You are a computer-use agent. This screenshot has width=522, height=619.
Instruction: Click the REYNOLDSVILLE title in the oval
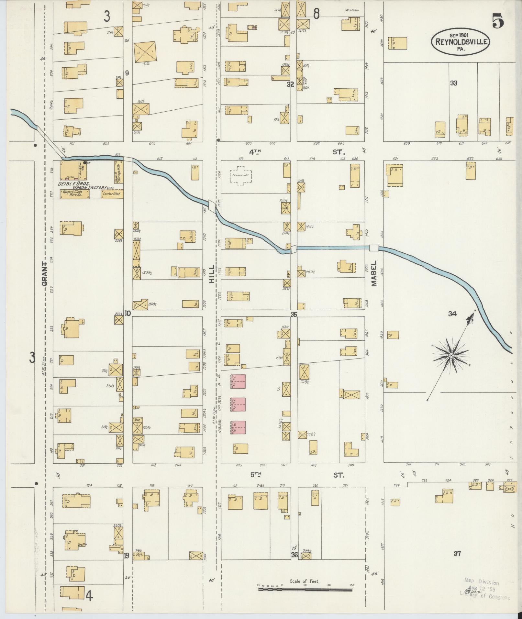tap(460, 42)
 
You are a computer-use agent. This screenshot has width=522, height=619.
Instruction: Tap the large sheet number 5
tap(498, 22)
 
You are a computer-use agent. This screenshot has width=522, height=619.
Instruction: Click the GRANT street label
tap(45, 274)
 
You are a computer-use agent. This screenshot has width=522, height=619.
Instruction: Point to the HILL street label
tap(212, 274)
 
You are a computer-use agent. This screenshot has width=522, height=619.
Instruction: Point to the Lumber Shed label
tap(111, 194)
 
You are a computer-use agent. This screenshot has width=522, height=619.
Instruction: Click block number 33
tap(453, 83)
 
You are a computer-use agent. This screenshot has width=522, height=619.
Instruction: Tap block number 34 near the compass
tap(452, 314)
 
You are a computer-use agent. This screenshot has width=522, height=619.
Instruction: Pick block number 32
tap(290, 84)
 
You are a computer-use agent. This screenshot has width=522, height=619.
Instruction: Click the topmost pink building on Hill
tap(238, 381)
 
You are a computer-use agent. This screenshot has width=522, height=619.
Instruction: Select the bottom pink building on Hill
tap(238, 427)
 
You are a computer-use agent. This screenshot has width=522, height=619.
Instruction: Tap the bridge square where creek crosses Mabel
tap(374, 248)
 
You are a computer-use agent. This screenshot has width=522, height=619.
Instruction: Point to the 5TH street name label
tap(255, 475)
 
